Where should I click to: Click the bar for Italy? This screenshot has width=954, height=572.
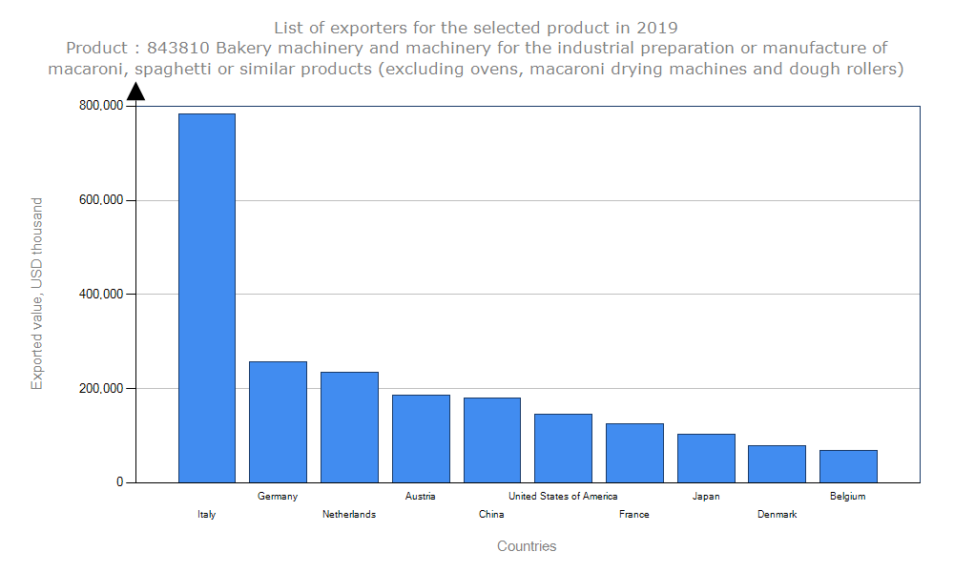point(206,297)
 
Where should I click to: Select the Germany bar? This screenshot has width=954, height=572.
point(278,421)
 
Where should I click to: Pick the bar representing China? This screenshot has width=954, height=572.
point(491,439)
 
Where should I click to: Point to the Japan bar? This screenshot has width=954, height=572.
point(706,458)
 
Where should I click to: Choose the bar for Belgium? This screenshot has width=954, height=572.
point(848,466)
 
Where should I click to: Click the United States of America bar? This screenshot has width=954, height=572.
point(563,448)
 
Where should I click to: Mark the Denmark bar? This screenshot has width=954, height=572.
point(777,463)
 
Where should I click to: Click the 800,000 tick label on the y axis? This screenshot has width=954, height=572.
point(99,106)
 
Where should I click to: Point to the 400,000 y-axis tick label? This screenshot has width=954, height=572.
point(99,295)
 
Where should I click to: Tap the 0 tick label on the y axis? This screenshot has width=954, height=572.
point(120,482)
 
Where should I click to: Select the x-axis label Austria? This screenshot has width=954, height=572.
point(420,496)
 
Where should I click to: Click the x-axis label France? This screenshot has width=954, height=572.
point(633,514)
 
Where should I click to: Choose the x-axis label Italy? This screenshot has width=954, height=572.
point(206,514)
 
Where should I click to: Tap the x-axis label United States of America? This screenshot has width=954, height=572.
point(563,496)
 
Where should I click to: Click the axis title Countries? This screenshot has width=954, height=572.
point(527,546)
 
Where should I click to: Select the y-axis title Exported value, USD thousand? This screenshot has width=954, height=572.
point(37,294)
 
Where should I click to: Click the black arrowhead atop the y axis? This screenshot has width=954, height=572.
point(135,91)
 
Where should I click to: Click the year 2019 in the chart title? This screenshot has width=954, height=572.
point(658,27)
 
